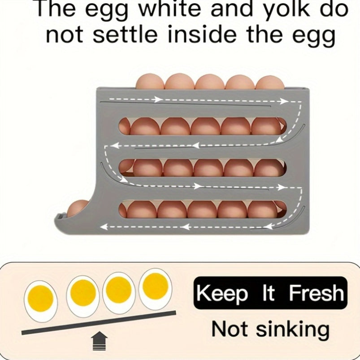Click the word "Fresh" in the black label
(x=317, y=294)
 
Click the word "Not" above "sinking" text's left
(x=229, y=329)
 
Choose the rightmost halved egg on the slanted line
(x=155, y=285)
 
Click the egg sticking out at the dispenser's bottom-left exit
(x=77, y=208)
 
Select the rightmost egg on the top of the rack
(x=269, y=83)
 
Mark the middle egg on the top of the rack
(x=209, y=82)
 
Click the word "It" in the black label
(x=269, y=294)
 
